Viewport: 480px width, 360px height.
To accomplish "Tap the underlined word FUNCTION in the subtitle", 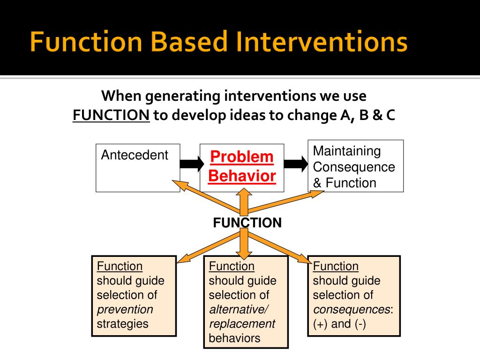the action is coord(111,116).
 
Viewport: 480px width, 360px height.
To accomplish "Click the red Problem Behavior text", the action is coord(242,167).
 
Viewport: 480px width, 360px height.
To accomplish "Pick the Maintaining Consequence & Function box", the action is coord(355,166).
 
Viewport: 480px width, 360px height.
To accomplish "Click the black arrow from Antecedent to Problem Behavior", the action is coord(191,164).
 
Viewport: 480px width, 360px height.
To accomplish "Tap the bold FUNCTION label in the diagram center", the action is coord(247,223).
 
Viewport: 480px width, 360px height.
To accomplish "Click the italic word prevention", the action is coord(125,309).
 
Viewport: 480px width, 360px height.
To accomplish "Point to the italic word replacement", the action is coord(242,324).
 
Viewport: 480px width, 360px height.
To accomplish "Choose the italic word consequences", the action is coord(352,309).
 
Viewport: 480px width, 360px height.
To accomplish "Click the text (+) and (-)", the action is coord(339,324).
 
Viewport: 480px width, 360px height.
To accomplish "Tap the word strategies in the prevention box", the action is coord(122,324).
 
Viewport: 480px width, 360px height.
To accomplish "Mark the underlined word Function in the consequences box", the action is coord(336,266).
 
